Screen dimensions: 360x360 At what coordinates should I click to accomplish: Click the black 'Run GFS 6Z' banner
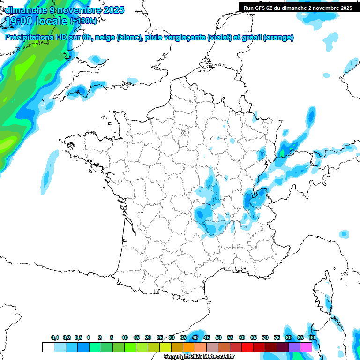tap(298, 7)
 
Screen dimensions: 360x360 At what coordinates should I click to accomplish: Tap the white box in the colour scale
tap(48, 347)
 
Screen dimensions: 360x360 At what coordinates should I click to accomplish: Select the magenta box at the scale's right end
tap(306, 347)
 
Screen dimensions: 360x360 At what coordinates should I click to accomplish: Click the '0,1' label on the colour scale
tap(55, 338)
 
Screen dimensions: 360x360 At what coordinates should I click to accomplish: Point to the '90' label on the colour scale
tap(312, 338)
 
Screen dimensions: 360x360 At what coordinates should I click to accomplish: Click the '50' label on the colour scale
tap(218, 338)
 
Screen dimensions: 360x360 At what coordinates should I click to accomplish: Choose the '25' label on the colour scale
tap(160, 338)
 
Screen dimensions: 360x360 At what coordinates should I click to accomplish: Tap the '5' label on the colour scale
tap(112, 338)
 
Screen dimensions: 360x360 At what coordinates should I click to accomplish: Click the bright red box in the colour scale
tap(247, 347)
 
